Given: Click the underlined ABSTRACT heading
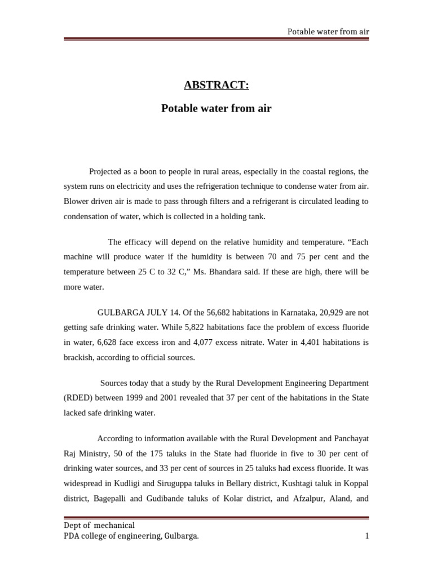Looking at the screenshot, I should [x=216, y=85].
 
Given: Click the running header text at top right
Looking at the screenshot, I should [x=328, y=31].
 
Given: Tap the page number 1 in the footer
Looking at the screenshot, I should [x=366, y=536].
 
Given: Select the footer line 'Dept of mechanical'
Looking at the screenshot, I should [x=99, y=526].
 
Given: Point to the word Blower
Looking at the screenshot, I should [x=77, y=201].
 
